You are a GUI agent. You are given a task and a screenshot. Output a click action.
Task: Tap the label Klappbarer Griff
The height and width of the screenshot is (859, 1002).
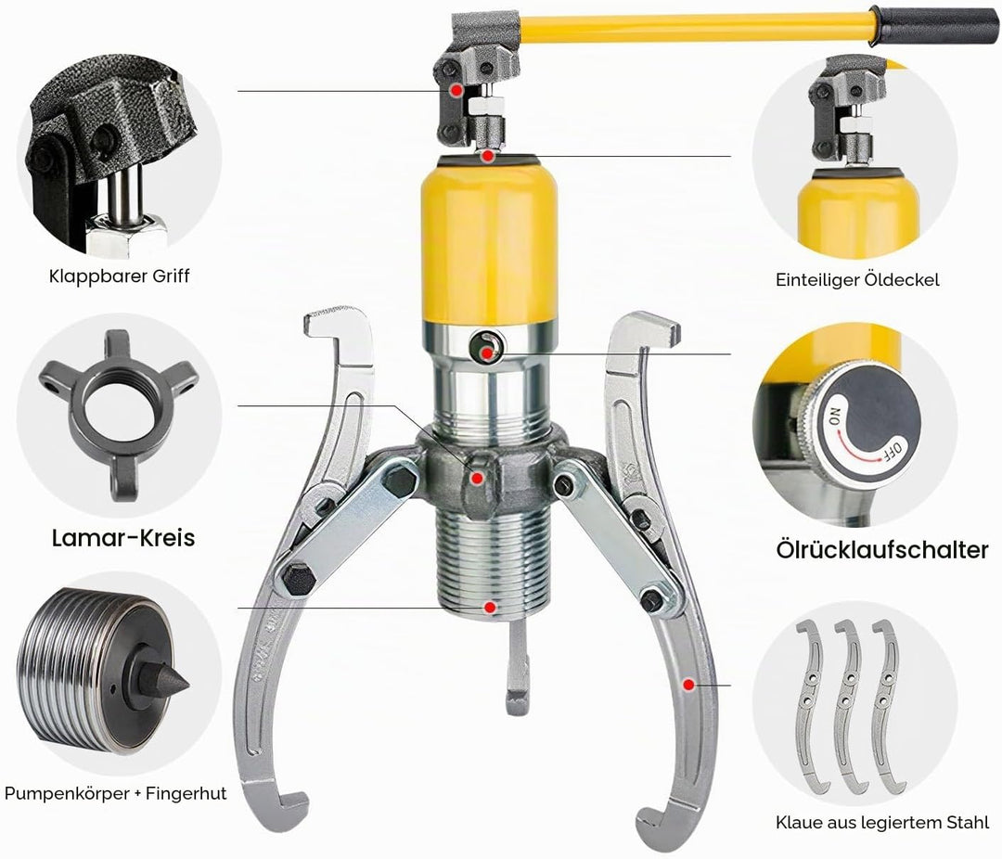120,276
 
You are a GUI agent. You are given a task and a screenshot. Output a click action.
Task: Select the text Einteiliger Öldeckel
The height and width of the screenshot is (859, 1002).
857,279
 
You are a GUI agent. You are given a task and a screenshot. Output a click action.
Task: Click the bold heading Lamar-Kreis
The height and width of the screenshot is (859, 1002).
123,537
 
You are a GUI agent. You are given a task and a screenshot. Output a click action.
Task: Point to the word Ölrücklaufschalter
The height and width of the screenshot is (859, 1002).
882,550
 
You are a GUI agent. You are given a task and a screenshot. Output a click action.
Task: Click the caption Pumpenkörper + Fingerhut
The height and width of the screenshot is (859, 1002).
116,794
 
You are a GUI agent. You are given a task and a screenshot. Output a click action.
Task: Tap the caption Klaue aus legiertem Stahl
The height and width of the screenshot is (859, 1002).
882,823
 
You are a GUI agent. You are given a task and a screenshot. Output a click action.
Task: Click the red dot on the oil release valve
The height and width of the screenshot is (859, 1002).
488,353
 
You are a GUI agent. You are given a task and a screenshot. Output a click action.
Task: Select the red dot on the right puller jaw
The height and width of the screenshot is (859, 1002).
688,686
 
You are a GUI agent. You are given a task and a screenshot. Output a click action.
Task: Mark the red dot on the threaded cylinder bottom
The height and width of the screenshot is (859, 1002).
490,608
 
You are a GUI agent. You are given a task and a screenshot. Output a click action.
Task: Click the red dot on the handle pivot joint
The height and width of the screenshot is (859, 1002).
456,91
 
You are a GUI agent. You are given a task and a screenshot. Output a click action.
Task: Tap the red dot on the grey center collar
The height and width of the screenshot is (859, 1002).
477,478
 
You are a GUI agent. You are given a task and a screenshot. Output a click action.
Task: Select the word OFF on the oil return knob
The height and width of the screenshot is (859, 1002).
893,451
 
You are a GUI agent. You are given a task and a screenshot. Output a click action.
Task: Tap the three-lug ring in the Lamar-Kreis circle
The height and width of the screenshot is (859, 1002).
119,414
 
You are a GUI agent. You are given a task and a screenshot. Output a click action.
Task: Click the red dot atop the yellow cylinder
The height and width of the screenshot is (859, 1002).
488,155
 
